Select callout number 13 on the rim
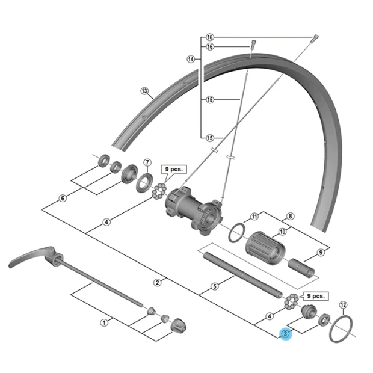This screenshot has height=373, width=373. point(144,91)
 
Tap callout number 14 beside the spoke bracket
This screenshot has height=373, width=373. point(191,59)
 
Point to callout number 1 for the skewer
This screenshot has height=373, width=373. point(104,322)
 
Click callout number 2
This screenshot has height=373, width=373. point(158,282)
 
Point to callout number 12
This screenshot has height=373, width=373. point(344,304)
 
